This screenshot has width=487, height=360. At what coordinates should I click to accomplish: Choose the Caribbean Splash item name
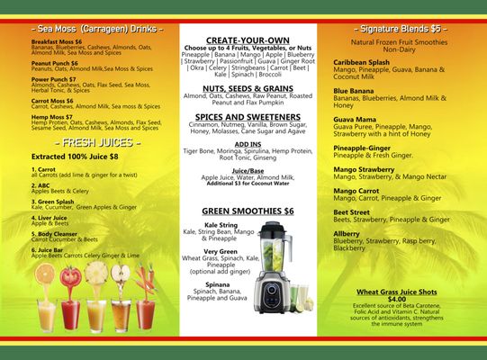361,61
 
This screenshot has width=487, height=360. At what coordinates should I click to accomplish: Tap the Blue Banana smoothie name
353,90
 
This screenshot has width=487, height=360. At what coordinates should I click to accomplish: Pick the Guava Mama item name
355,119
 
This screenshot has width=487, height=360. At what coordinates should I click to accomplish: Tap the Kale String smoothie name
221,224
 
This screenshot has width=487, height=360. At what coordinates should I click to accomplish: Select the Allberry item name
347,234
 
